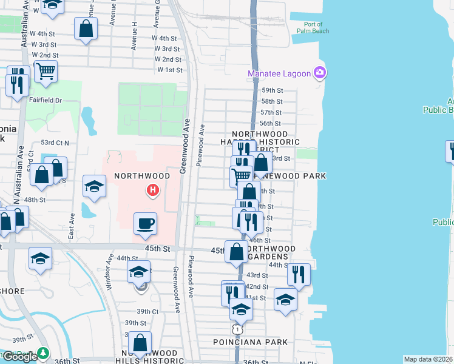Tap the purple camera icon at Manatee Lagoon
(x=320, y=74)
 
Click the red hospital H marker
(x=154, y=192)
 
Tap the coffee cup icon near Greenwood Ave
(x=146, y=223)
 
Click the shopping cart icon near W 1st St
(x=46, y=71)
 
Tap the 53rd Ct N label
(x=55, y=143)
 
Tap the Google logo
(x=20, y=357)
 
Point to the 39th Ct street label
(x=147, y=311)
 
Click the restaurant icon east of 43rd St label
(x=299, y=274)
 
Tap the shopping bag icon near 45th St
(x=237, y=251)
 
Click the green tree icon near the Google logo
(x=44, y=352)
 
